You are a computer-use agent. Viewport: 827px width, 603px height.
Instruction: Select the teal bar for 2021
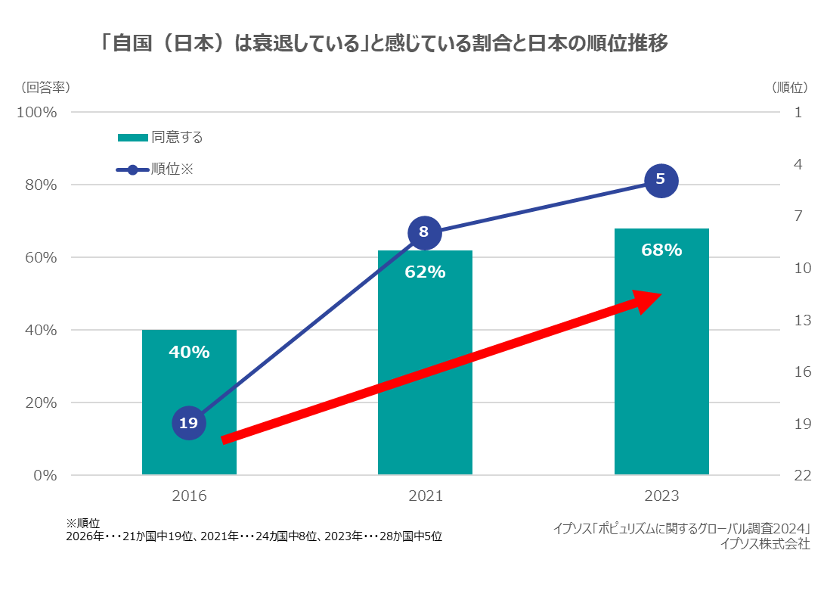(x=425, y=363)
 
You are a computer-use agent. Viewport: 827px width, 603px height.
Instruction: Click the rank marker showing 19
(x=188, y=423)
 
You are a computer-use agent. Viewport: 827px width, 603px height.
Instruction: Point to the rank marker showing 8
(x=424, y=232)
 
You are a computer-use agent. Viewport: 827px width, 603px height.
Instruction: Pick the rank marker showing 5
(x=661, y=180)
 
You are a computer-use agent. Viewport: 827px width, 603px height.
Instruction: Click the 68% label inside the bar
(x=661, y=250)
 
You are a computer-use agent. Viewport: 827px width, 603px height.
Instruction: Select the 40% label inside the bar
(x=189, y=352)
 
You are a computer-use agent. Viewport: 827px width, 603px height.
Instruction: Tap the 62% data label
(x=425, y=272)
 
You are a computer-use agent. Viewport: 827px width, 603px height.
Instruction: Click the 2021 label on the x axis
(x=425, y=497)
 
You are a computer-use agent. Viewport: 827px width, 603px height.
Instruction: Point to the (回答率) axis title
(x=46, y=87)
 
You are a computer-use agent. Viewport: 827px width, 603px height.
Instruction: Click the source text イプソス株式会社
(x=765, y=543)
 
